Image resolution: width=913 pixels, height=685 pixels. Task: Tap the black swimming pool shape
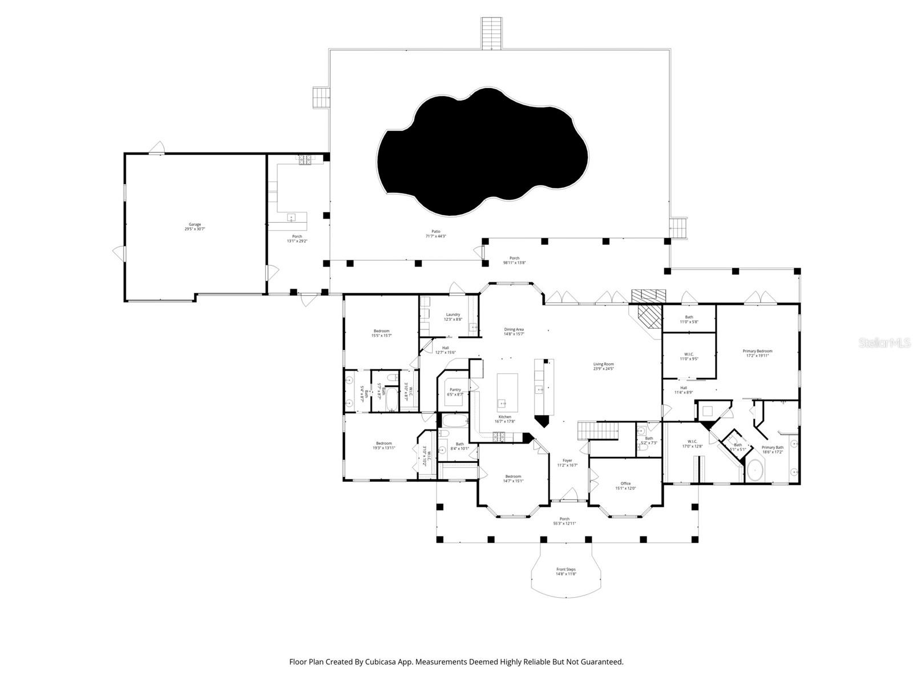[x=482, y=151]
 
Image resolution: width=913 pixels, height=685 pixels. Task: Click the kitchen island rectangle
[x=507, y=392]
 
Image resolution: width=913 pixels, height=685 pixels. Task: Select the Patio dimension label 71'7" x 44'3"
[x=435, y=236]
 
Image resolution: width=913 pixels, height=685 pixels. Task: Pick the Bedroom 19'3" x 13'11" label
[x=383, y=445]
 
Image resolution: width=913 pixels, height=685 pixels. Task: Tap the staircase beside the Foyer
[x=598, y=430]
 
